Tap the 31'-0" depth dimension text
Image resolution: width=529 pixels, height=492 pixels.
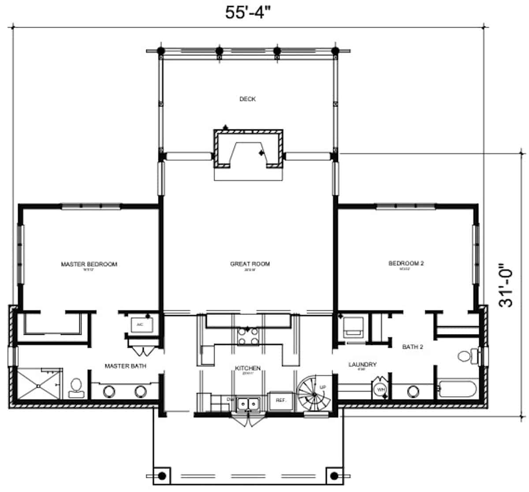[x=507, y=285]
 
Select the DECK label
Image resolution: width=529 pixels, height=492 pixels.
[x=247, y=99]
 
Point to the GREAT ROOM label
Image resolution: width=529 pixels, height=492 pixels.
[x=250, y=264]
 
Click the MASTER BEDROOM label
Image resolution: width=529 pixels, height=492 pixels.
[x=89, y=264]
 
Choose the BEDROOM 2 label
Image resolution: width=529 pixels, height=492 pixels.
[x=406, y=264]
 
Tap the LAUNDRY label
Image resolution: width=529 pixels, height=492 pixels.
[x=362, y=364]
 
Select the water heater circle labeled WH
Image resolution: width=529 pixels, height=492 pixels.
[x=380, y=389]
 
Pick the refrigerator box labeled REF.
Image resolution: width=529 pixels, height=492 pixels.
[x=281, y=400]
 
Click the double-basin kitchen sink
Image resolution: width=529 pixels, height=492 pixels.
[x=248, y=403]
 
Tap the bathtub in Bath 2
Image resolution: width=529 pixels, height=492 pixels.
[x=457, y=389]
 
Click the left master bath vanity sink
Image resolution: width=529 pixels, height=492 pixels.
[x=108, y=391]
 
